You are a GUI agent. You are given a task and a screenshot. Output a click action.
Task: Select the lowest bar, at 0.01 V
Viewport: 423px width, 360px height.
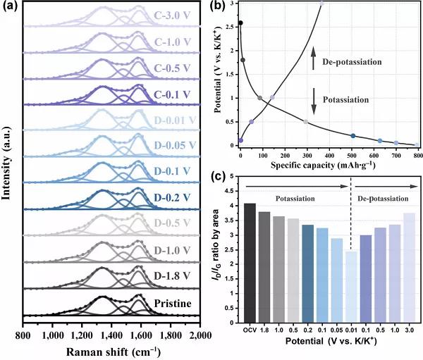[x=351, y=282]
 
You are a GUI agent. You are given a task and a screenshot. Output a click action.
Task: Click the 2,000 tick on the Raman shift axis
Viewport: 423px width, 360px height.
[x=200, y=334]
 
